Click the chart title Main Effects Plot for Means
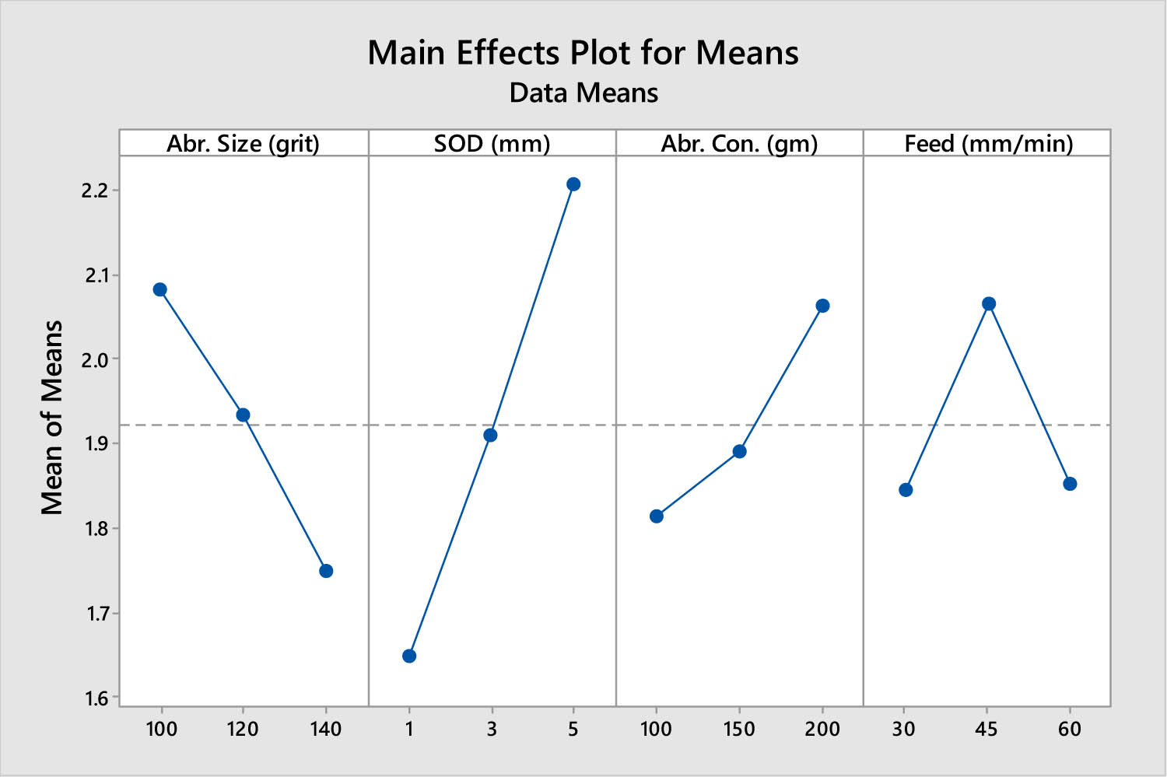pos(583,53)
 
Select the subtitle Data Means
pos(583,93)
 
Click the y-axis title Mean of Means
pos(52,418)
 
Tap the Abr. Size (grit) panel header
pos(243,144)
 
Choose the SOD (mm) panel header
pos(492,144)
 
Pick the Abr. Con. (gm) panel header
pos(739,144)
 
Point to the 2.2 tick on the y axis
pos(97,191)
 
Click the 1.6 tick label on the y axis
pos(97,698)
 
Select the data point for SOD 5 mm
pos(573,184)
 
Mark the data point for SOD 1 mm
pos(409,656)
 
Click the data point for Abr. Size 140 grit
pos(326,571)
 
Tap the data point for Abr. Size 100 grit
pos(160,289)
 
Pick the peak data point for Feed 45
pos(989,303)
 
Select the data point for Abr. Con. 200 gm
pos(822,306)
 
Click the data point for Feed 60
pos(1070,484)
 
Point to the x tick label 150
pos(739,729)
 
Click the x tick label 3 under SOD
pos(491,729)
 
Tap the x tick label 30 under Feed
pos(904,729)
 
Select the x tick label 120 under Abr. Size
pos(243,729)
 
